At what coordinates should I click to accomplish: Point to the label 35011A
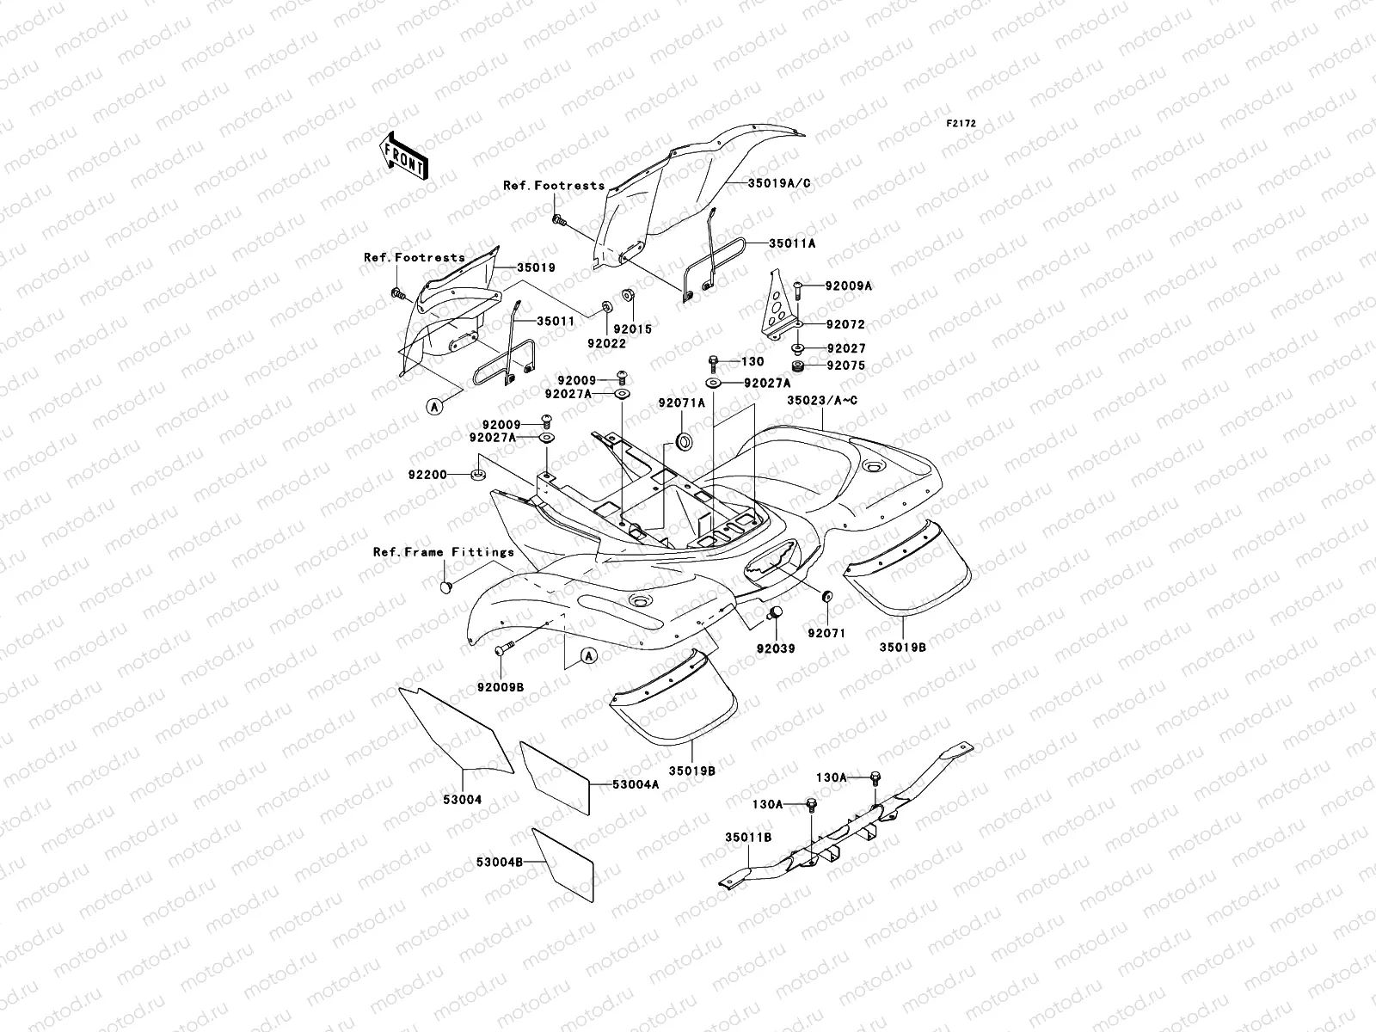791,243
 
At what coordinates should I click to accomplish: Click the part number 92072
845,325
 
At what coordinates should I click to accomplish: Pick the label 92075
845,365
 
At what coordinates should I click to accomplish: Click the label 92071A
682,402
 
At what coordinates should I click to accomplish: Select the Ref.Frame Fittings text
443,552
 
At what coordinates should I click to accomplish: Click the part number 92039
776,648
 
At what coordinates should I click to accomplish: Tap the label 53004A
636,784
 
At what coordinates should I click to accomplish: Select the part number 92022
606,343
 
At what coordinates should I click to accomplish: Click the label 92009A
848,286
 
